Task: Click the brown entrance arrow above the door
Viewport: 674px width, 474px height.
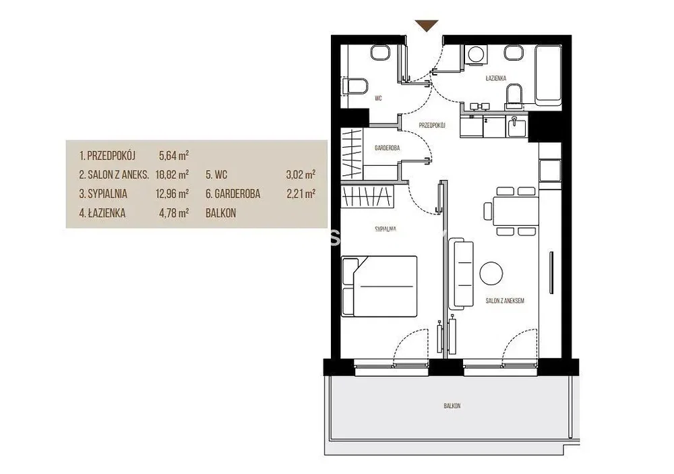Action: (x=427, y=26)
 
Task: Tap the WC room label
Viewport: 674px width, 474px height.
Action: (x=378, y=98)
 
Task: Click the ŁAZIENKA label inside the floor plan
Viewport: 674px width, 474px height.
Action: (x=495, y=78)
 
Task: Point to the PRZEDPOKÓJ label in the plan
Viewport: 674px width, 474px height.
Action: (x=432, y=125)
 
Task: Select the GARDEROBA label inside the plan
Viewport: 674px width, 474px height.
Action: (x=388, y=148)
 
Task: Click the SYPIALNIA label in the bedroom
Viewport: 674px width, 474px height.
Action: (x=386, y=229)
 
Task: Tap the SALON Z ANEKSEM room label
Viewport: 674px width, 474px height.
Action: (x=505, y=301)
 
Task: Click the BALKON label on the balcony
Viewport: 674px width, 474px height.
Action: (x=452, y=406)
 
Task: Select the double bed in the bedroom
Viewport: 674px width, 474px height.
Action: (x=379, y=287)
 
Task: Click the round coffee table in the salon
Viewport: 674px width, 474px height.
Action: (x=491, y=274)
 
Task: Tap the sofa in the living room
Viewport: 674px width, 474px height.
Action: (x=461, y=274)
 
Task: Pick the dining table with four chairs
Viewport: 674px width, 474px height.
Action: (x=512, y=211)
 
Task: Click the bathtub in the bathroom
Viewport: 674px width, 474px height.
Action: (x=548, y=76)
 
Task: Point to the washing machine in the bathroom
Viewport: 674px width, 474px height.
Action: (x=475, y=55)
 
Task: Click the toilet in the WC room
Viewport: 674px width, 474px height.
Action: (x=355, y=86)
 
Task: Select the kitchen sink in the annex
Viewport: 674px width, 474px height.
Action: (x=516, y=127)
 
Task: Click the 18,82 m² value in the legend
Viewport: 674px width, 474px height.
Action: (x=172, y=175)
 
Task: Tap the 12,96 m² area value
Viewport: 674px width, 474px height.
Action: (x=172, y=194)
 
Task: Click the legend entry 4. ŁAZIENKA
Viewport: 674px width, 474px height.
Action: (x=102, y=213)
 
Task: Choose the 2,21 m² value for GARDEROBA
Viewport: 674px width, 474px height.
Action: (x=301, y=194)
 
